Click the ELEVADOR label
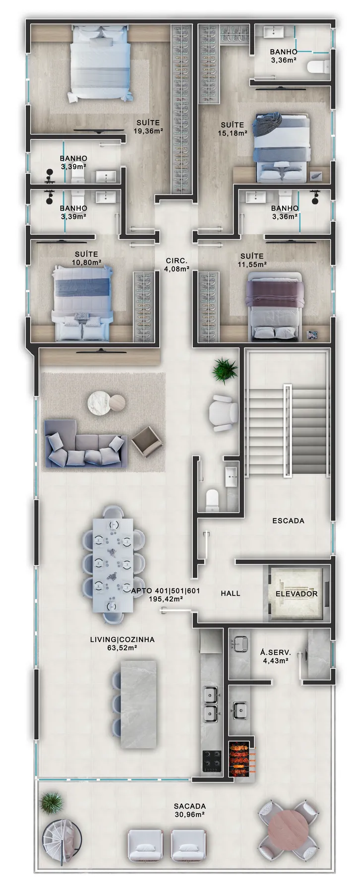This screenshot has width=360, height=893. coord(297,593)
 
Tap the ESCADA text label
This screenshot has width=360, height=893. coord(288,521)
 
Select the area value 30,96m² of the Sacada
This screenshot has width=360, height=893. coord(190,814)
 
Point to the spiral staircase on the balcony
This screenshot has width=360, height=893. coord(60,841)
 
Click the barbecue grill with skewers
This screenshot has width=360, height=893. coord(241,756)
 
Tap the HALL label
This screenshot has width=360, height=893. coord(231,593)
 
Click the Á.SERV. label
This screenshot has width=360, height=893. coord(276,653)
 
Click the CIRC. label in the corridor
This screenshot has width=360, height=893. coord(177,261)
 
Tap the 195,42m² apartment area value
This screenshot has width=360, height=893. coord(166,599)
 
